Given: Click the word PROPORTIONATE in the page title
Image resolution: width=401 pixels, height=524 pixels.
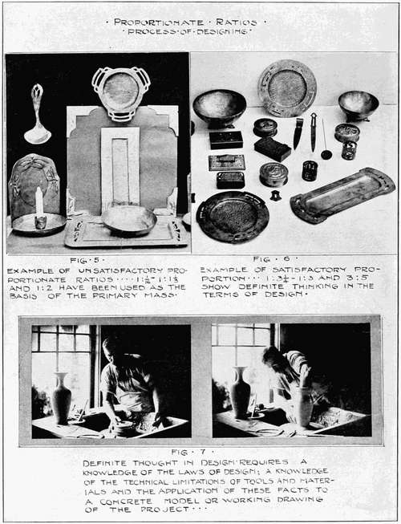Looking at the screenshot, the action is pos(159,22).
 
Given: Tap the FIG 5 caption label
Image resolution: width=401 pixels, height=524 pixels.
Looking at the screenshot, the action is pos(87,260).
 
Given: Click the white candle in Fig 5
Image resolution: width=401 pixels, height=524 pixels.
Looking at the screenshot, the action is pos(39,202).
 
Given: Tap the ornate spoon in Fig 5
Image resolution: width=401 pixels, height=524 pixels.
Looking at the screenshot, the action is pos(38,114).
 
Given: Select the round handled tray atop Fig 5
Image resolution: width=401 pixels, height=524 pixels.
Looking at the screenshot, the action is pos(121,94).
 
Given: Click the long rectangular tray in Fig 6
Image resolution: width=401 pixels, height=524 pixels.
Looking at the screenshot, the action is pos(342,194).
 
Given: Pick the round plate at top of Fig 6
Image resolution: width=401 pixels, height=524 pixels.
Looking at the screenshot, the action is pos(287,88).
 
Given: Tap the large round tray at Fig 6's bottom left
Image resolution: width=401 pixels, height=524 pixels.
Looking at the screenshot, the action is pos(233,217).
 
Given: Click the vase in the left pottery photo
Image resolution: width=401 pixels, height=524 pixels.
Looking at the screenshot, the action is pos(62,398).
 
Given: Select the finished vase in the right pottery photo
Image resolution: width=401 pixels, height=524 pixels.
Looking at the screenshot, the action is pos(241,392).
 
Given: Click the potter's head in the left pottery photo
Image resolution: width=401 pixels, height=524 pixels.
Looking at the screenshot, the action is pos(112,348).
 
